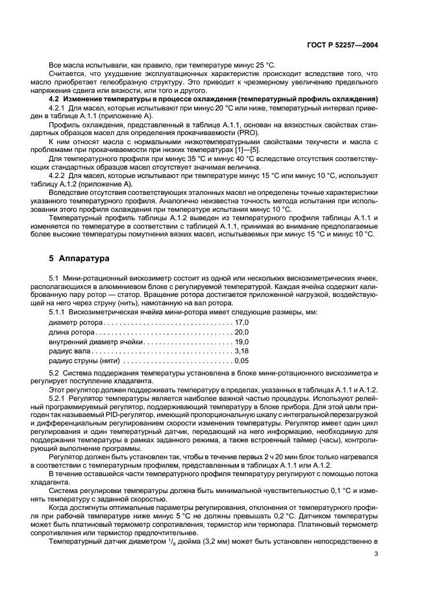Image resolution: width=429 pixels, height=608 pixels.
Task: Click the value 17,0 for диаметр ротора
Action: coord(241,322)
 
